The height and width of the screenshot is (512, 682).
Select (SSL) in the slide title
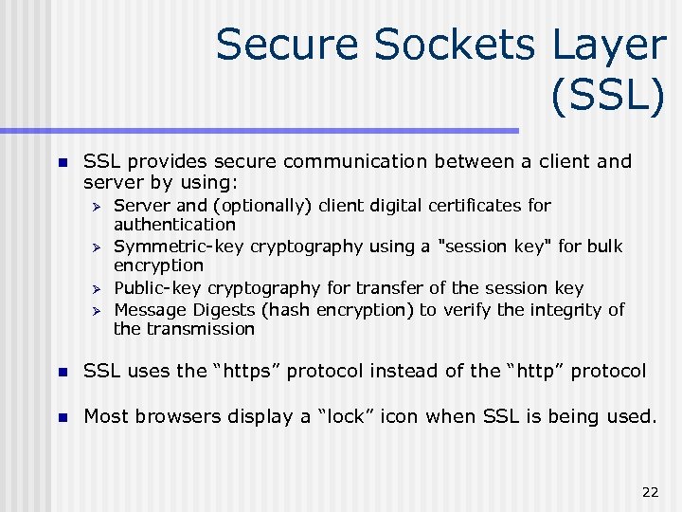point(606,97)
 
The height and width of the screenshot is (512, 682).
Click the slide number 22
point(650,491)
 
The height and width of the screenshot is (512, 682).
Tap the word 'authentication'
point(174,225)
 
